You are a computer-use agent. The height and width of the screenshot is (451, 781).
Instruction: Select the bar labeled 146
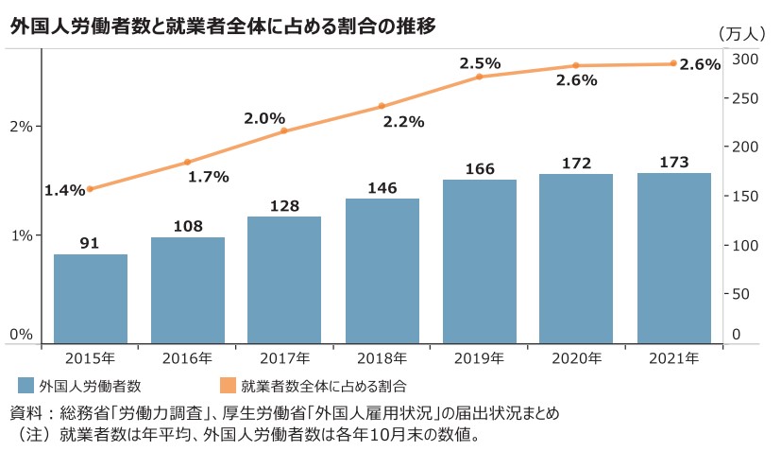click(382, 269)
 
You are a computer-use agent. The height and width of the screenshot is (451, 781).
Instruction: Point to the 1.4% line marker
click(90, 189)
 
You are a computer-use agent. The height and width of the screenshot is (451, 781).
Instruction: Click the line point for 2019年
click(480, 76)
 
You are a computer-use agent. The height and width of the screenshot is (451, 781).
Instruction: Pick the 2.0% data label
click(264, 118)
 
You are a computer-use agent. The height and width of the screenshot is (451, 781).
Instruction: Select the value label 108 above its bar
click(188, 227)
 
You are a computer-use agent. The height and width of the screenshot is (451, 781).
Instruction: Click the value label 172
click(576, 164)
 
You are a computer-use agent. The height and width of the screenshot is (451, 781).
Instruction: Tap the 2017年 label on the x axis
click(284, 358)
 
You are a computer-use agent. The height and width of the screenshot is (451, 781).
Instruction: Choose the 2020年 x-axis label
click(576, 358)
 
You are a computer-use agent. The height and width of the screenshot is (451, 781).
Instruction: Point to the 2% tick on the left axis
click(21, 126)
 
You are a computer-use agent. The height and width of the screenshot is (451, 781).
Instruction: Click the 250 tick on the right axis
click(745, 98)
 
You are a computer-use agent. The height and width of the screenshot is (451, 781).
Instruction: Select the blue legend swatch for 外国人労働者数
click(25, 386)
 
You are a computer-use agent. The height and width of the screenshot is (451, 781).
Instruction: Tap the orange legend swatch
click(228, 386)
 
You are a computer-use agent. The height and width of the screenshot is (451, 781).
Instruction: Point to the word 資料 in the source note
click(25, 413)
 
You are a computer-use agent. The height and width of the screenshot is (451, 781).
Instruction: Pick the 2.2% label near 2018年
click(403, 122)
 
